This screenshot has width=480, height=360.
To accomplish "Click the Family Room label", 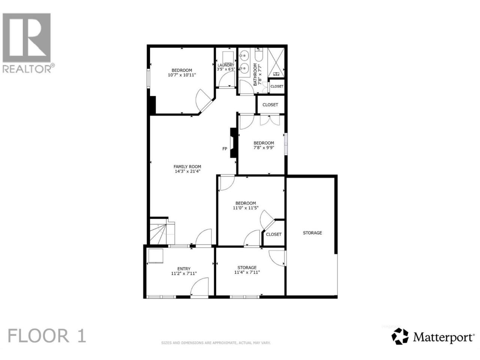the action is (x=187, y=166).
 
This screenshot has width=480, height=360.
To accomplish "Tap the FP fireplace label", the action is (x=225, y=149).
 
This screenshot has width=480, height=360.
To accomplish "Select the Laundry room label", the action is (x=226, y=65).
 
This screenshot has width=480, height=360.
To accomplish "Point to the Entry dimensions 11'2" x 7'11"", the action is (x=184, y=273).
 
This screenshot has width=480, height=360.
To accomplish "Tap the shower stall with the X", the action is (x=276, y=63).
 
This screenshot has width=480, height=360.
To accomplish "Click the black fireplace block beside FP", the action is (x=234, y=143).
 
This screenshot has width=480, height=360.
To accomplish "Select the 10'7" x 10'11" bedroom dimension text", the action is (x=182, y=75).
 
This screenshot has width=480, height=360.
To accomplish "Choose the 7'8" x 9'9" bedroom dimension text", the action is (x=264, y=147).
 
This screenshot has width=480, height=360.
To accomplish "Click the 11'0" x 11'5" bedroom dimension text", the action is (x=246, y=208).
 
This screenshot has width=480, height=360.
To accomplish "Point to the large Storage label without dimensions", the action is (x=312, y=233).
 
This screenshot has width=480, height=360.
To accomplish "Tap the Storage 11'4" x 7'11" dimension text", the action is (x=247, y=272).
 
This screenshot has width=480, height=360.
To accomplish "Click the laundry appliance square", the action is (x=228, y=57).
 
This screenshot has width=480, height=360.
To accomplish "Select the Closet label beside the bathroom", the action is (x=277, y=86).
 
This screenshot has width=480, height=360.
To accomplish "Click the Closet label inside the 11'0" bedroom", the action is (x=274, y=234).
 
